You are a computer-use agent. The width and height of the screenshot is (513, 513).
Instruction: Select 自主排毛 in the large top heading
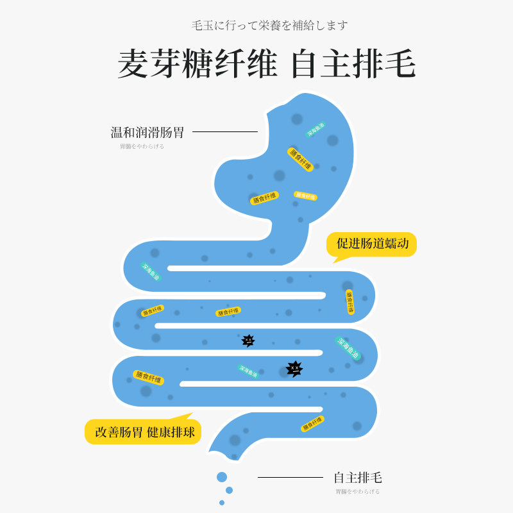[353, 64]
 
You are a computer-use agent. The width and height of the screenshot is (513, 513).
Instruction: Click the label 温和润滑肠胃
[147, 133]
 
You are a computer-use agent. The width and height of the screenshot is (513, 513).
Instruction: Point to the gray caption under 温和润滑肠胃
[142, 146]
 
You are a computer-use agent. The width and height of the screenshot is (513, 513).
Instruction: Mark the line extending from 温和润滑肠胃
[225, 132]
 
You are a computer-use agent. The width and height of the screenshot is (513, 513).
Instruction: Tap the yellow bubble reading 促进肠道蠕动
[372, 244]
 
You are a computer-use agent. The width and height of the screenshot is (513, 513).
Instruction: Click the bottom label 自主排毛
[358, 478]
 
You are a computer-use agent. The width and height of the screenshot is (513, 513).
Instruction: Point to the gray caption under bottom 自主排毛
[357, 491]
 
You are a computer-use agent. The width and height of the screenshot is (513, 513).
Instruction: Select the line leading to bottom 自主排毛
[290, 477]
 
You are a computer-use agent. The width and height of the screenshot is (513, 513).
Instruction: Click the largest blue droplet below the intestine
[222, 477]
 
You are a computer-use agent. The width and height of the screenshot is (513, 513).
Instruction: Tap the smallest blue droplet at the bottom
[222, 503]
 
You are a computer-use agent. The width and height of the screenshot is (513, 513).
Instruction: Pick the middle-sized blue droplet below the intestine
[229, 491]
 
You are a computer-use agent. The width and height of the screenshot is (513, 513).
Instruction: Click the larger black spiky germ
[294, 368]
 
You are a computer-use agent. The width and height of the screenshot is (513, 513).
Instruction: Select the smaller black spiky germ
[248, 341]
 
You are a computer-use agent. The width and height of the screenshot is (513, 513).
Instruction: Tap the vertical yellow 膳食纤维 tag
[350, 302]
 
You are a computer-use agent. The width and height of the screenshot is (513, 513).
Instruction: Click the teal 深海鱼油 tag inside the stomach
[315, 130]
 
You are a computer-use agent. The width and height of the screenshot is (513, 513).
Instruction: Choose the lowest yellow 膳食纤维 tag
[312, 424]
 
